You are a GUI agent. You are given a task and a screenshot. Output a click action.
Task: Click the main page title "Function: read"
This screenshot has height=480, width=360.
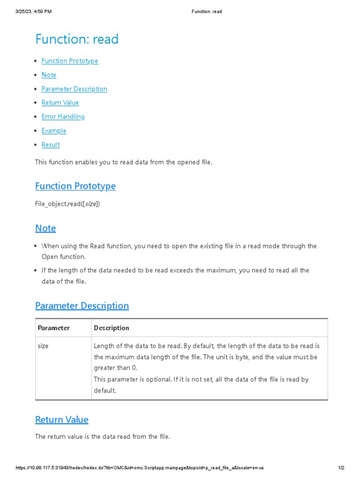pos(77,39)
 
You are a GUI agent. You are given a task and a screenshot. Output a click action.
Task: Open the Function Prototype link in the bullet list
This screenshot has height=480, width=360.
pos(70,61)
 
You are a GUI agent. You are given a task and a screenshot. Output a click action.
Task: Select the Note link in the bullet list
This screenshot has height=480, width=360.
pos(49,75)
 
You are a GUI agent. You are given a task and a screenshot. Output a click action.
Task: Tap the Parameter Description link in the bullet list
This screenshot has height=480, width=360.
pos(74,89)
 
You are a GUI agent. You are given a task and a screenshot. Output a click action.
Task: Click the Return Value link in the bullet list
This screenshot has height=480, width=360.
pos(60,103)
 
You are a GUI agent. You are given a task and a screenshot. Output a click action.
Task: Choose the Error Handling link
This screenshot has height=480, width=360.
pos(63,117)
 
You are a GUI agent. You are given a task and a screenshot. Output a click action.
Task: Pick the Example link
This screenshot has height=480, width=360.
pos(54,131)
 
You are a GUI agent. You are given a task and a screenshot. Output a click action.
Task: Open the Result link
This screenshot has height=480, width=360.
pos(51,145)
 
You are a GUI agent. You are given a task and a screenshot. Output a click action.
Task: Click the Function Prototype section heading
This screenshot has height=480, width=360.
pos(75,186)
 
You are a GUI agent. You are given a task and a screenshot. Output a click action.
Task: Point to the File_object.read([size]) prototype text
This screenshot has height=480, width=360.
pos(67,204)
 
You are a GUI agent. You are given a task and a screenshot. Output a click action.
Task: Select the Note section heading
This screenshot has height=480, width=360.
pos(45,228)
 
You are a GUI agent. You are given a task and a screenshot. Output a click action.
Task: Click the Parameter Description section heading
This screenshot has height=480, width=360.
pos(82,306)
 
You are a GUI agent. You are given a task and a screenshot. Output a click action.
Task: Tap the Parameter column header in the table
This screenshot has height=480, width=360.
pos(53,328)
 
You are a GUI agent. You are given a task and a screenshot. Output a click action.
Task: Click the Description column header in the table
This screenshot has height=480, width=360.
pos(112,328)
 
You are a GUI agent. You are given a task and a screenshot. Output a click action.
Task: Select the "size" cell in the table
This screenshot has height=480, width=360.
pos(43,346)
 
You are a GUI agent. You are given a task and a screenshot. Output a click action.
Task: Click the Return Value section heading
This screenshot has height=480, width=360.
pos(62,420)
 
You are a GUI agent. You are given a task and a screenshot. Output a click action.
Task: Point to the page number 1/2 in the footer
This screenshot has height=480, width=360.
pos(341,468)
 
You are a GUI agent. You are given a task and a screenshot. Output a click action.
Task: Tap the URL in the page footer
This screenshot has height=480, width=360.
pos(140,468)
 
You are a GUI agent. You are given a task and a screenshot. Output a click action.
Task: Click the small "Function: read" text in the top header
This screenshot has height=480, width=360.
pos(207,12)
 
